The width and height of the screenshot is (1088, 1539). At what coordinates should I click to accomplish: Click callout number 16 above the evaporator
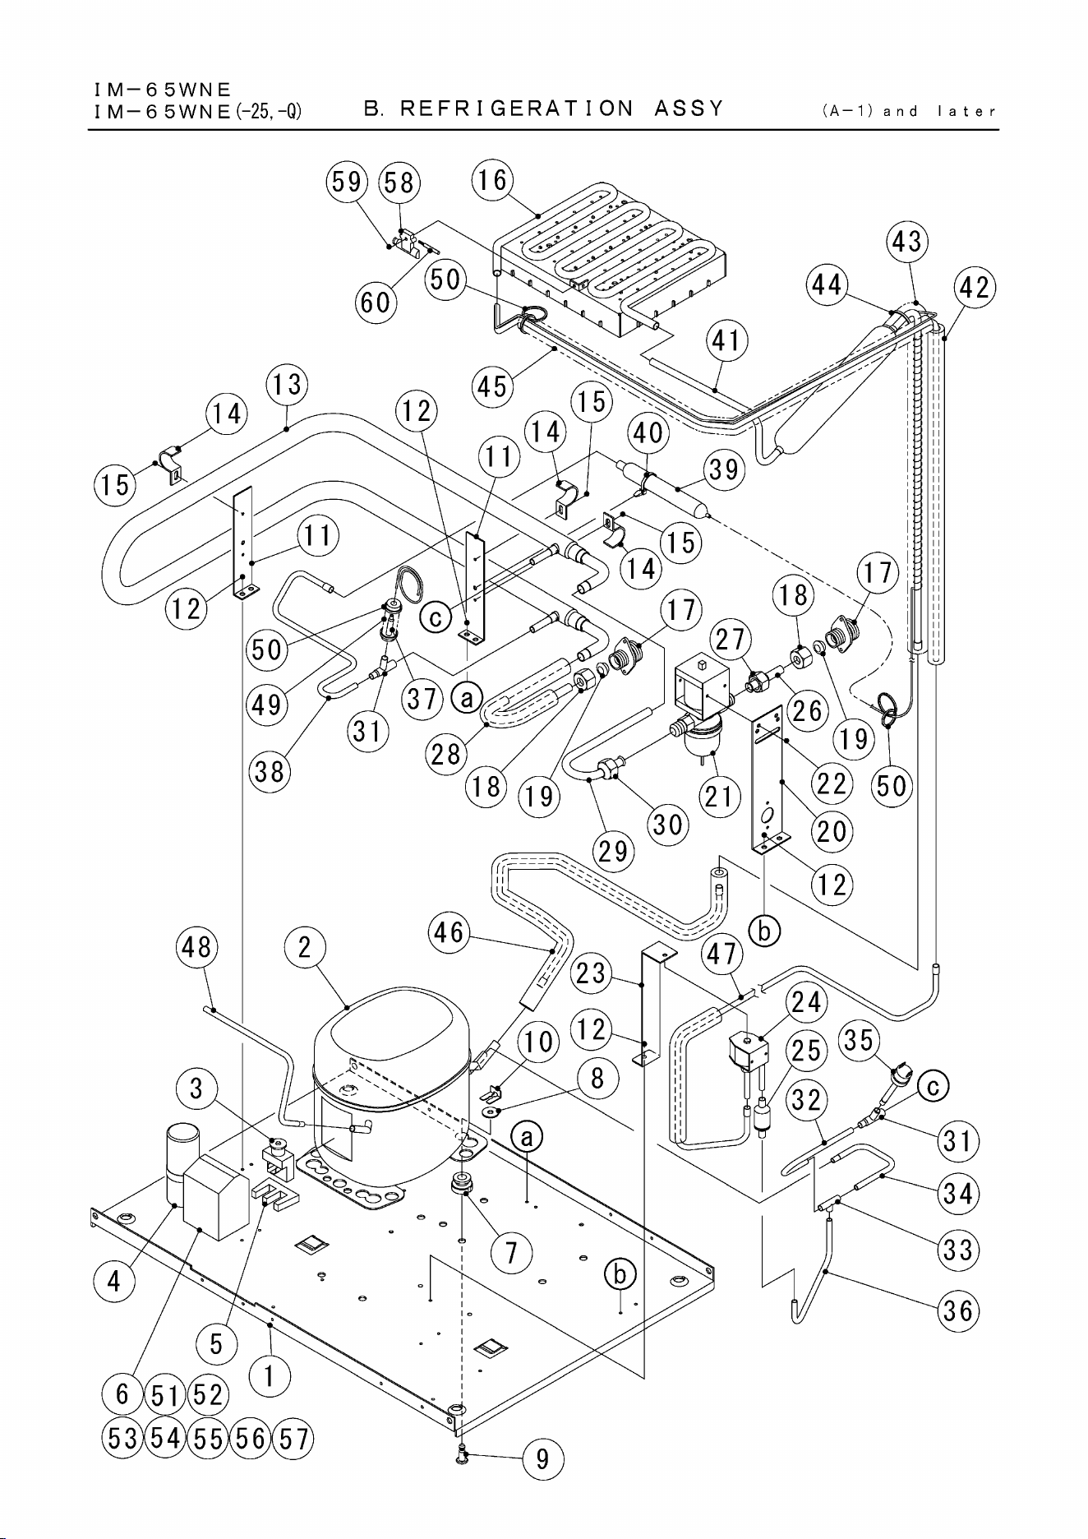pos(492,180)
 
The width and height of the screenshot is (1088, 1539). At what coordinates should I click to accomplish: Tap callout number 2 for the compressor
pos(305,948)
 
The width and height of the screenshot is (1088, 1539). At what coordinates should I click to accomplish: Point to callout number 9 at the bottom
pos(542,1459)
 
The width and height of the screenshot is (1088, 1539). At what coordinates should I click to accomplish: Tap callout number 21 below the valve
pos(720,796)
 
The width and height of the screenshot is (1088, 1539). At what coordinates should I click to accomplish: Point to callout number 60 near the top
pos(376,302)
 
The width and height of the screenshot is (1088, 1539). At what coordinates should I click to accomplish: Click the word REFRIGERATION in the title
pos(516,109)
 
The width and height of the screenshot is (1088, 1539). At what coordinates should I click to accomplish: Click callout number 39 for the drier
pos(724,469)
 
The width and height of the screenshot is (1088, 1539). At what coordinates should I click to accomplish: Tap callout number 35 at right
pos(858,1041)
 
